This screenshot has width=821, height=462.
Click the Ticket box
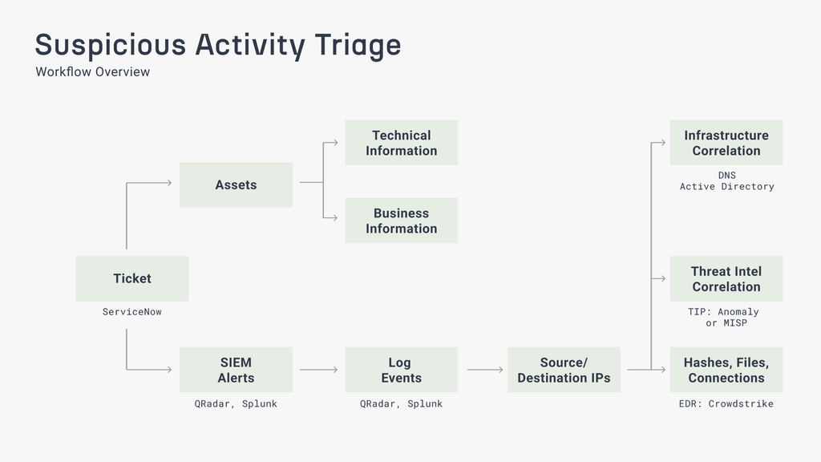(132, 278)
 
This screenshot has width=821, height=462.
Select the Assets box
(236, 184)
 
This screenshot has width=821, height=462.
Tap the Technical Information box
(401, 143)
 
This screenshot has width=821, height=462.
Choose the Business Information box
(401, 221)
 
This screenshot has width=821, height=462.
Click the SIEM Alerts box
(236, 369)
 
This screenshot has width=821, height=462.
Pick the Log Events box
(401, 369)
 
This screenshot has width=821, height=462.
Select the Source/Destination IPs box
(564, 369)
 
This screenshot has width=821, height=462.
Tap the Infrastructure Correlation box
(726, 143)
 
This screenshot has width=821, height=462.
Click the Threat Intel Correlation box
(726, 278)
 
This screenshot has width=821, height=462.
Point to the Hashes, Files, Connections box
(726, 369)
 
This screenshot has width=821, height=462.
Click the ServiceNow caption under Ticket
(132, 312)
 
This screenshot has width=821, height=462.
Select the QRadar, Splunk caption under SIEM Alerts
(236, 404)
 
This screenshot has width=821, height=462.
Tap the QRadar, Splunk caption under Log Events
(401, 404)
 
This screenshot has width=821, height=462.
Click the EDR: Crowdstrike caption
(726, 404)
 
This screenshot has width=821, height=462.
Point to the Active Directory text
(726, 186)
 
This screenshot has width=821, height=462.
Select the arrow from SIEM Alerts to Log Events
(318, 370)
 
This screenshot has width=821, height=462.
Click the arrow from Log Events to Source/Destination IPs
(485, 370)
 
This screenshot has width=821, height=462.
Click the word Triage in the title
(358, 45)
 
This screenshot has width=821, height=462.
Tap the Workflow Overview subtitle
(93, 71)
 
